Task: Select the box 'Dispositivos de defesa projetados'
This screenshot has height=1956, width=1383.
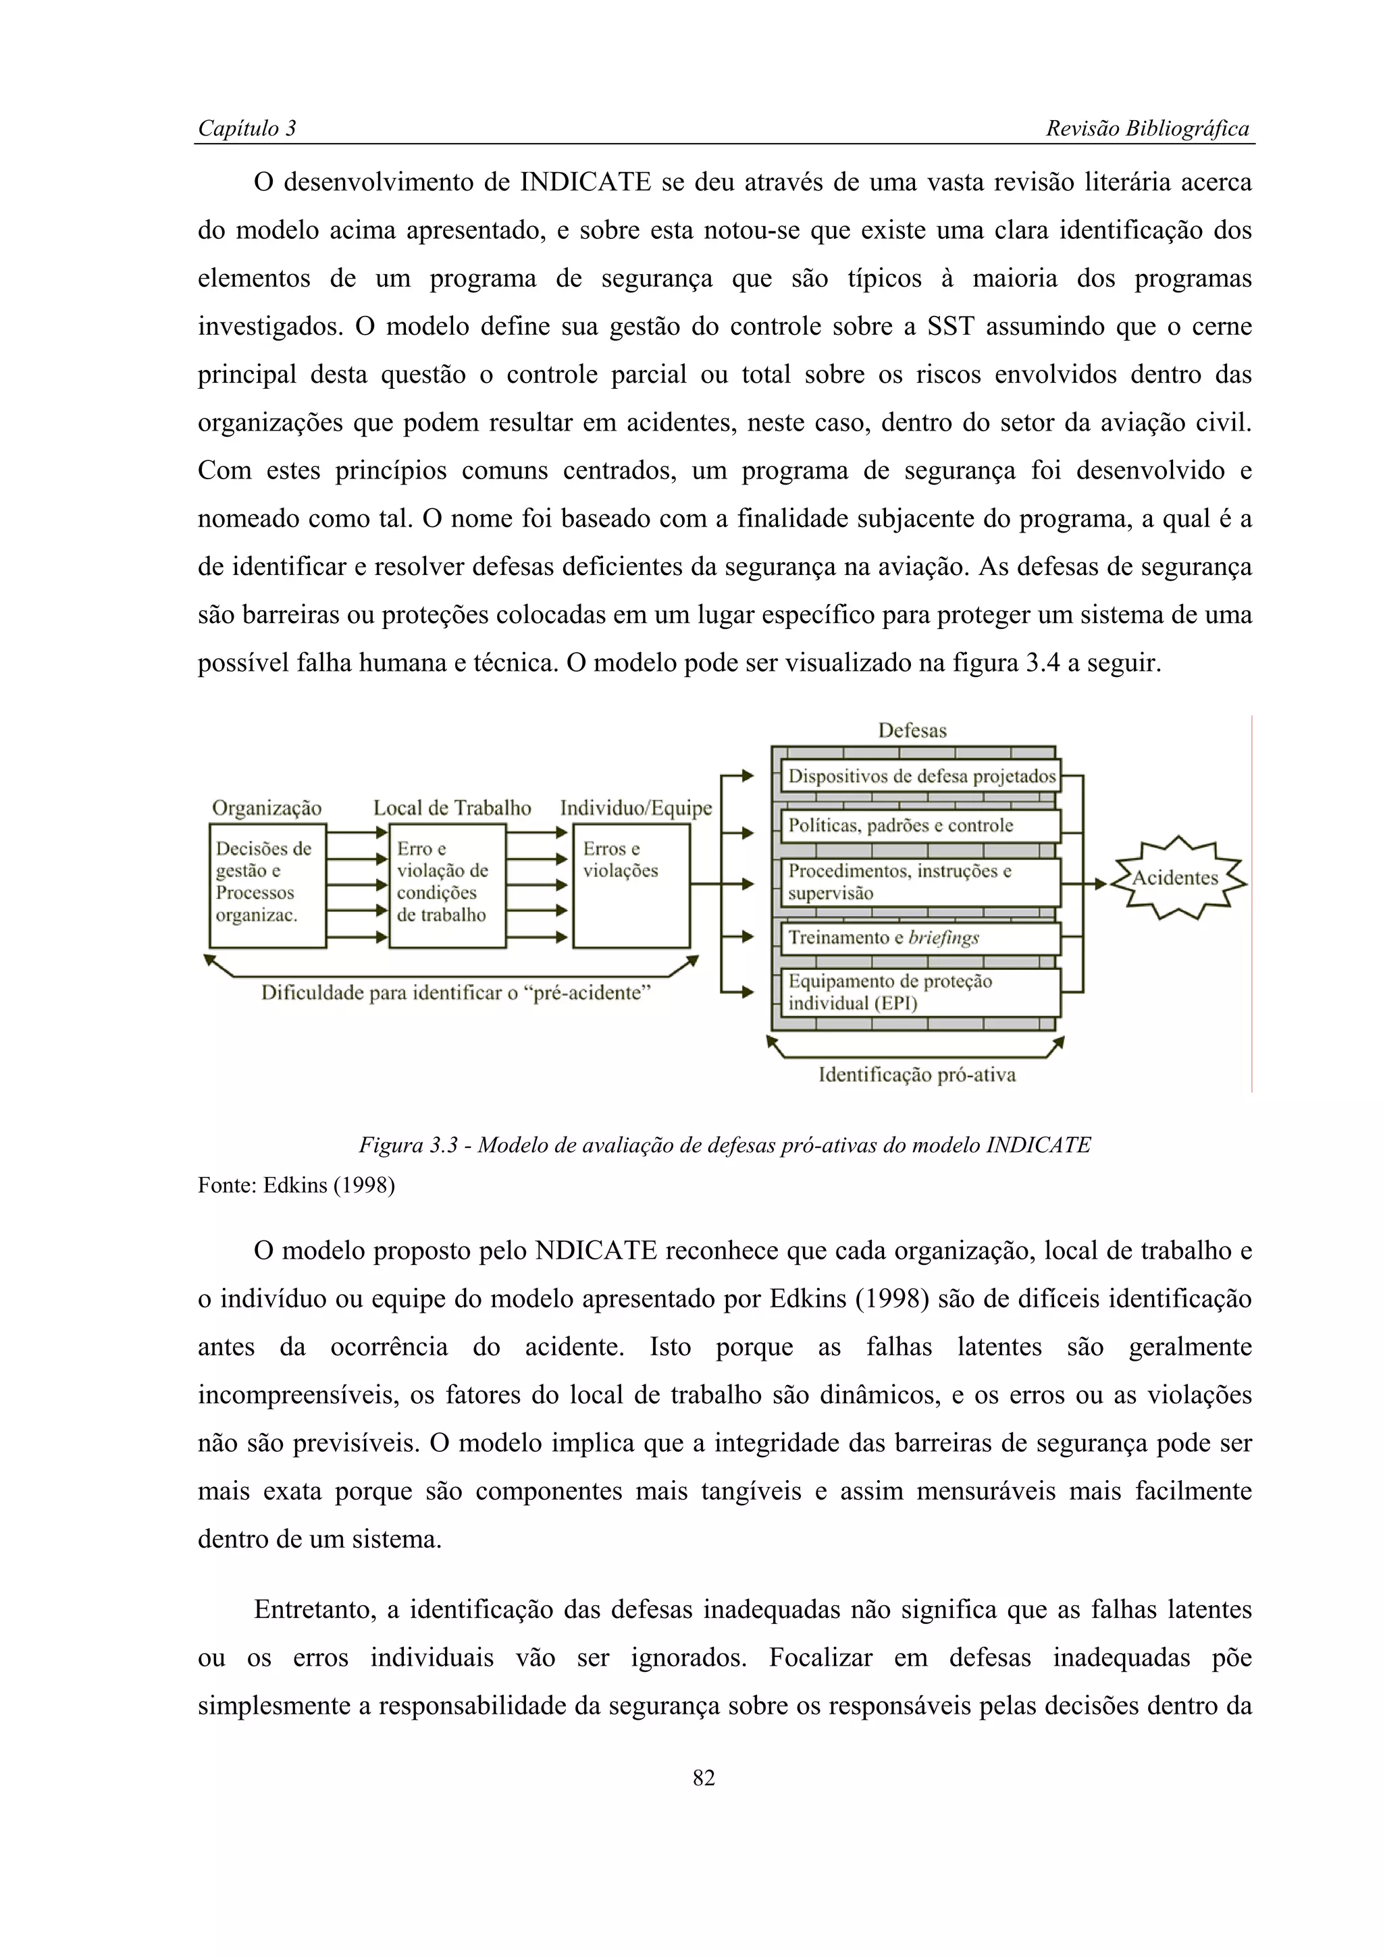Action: click(x=920, y=776)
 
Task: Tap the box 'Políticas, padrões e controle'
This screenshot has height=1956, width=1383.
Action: click(x=920, y=825)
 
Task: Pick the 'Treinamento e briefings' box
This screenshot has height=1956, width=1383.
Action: click(x=920, y=938)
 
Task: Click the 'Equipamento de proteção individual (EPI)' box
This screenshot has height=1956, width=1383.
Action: click(x=920, y=992)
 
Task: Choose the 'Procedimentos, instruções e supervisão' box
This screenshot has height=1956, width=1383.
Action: click(x=920, y=881)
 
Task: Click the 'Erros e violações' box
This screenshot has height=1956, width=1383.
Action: click(x=631, y=886)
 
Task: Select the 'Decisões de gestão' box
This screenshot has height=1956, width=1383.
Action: click(x=267, y=886)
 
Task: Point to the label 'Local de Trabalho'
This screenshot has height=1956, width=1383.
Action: click(x=452, y=808)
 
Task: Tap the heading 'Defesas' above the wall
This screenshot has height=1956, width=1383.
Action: click(x=912, y=730)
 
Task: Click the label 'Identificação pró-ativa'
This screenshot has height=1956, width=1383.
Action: click(x=917, y=1075)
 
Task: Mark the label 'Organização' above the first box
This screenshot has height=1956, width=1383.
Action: click(x=266, y=808)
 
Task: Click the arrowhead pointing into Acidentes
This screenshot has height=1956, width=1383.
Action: click(x=1100, y=884)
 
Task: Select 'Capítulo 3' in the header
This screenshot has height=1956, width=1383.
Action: click(x=246, y=129)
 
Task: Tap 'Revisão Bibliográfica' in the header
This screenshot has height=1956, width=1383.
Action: click(x=1147, y=129)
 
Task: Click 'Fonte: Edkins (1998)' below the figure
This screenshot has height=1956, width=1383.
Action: click(x=296, y=1185)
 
